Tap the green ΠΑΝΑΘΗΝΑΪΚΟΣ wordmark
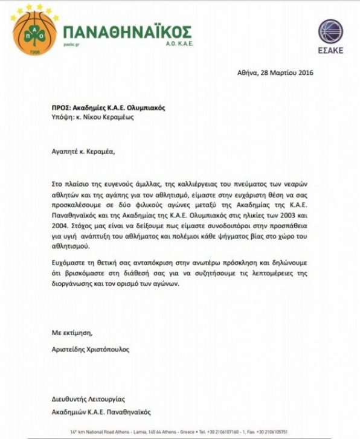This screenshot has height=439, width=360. (127, 31)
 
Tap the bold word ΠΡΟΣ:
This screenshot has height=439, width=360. (62, 107)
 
